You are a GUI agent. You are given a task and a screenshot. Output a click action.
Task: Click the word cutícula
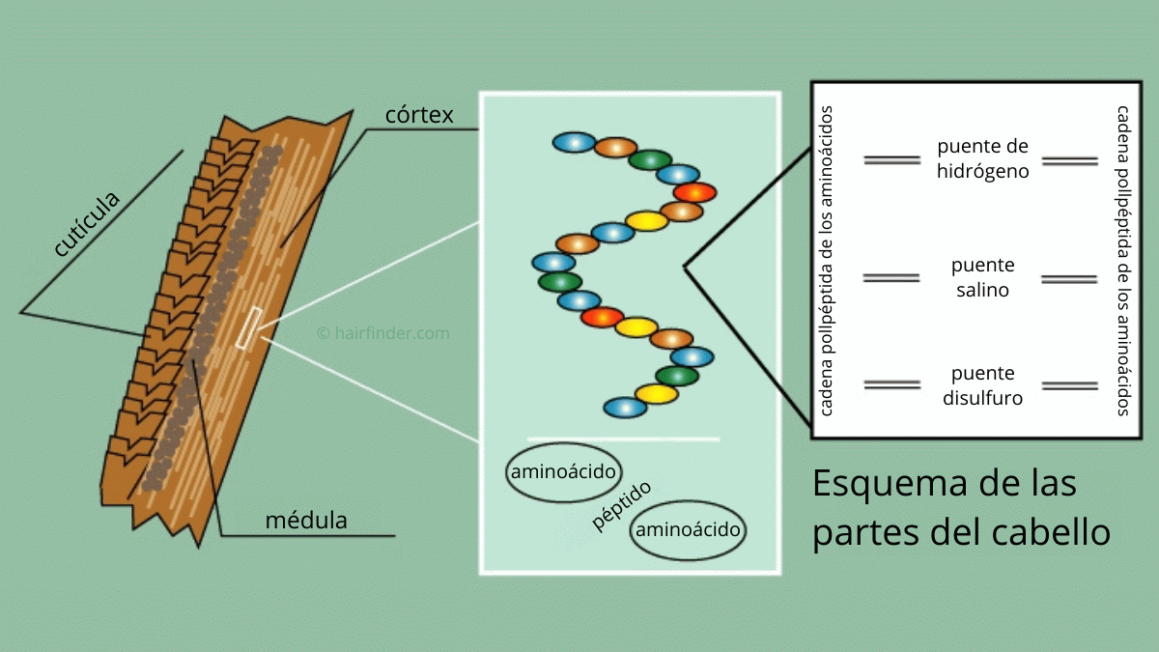pyautogui.click(x=86, y=223)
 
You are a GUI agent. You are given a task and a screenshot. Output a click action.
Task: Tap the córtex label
pyautogui.click(x=419, y=115)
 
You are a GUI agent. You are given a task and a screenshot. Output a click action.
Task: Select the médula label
pyautogui.click(x=306, y=520)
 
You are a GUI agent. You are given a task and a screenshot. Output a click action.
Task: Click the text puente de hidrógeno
pyautogui.click(x=982, y=158)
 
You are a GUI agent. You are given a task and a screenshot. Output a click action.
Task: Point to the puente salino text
pyautogui.click(x=982, y=277)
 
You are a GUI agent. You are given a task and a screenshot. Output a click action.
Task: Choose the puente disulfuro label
pyautogui.click(x=982, y=385)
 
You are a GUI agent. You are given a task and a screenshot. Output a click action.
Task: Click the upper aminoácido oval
pyautogui.click(x=563, y=472)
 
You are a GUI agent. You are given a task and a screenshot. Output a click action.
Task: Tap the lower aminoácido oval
pyautogui.click(x=688, y=530)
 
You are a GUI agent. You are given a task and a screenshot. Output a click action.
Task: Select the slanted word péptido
pyautogui.click(x=621, y=505)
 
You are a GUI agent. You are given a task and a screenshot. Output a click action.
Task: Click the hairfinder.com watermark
pyautogui.click(x=383, y=332)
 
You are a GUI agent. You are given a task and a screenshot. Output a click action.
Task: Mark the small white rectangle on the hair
pyautogui.click(x=249, y=328)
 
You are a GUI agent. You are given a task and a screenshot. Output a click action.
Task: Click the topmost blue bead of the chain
pyautogui.click(x=574, y=142)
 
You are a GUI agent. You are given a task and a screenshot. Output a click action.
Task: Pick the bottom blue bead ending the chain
pyautogui.click(x=625, y=408)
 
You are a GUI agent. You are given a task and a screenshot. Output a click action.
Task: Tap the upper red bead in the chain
pyautogui.click(x=694, y=192)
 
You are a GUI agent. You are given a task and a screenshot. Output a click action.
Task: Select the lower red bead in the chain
pyautogui.click(x=602, y=317)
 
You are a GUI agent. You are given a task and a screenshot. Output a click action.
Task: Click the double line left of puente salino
pyautogui.click(x=891, y=278)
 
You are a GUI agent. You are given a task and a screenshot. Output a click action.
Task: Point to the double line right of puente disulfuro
pyautogui.click(x=1070, y=386)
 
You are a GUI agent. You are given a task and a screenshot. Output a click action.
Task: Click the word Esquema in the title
pyautogui.click(x=890, y=483)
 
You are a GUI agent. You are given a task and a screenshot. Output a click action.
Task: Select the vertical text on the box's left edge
pyautogui.click(x=826, y=261)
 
